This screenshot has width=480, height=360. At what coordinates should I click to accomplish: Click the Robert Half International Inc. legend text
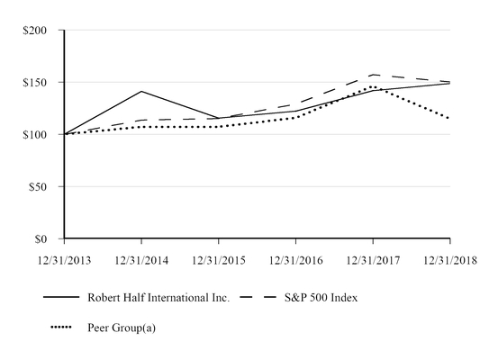tap(158, 298)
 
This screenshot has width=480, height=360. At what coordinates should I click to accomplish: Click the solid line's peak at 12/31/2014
tap(141, 91)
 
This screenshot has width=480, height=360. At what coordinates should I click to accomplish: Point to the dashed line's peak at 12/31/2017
tap(373, 75)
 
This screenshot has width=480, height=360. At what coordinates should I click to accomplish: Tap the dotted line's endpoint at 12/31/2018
tap(449, 119)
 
